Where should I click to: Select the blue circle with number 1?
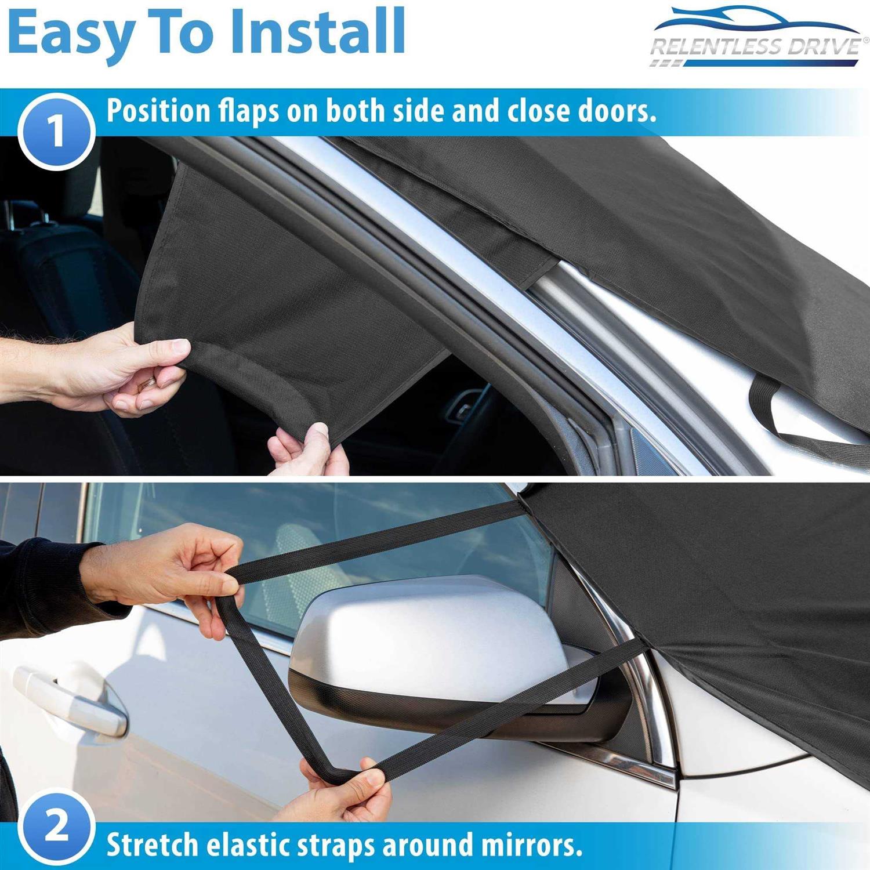(x=56, y=131)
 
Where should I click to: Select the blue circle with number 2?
(x=56, y=826)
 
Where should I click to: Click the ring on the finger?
(x=150, y=381)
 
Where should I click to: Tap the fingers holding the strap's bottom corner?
(x=342, y=783)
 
